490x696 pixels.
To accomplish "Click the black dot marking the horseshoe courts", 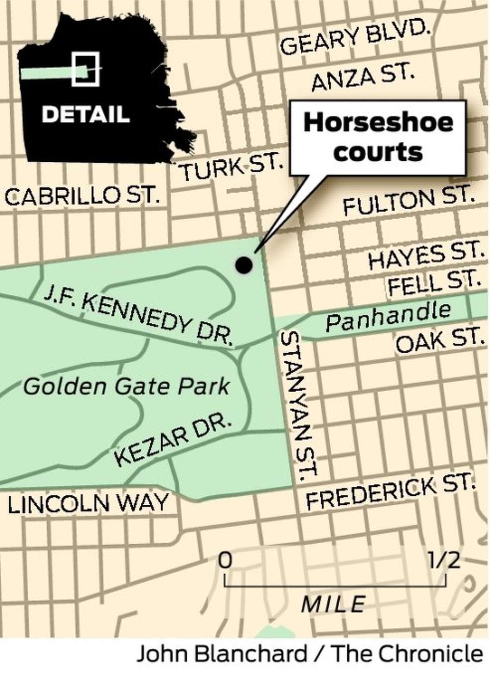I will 244,265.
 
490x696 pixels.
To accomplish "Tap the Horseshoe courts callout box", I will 378,138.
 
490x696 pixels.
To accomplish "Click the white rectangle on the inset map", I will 85,69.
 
